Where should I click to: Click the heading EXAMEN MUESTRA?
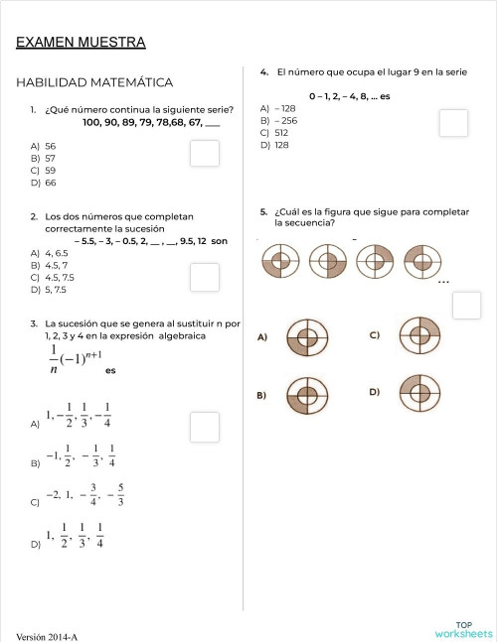81,42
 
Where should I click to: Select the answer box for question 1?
205,154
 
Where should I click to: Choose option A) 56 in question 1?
44,145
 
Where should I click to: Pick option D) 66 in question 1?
44,183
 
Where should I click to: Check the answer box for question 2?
205,278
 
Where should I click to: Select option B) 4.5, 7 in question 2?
50,265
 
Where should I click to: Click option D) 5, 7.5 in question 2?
50,290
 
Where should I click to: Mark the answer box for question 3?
205,427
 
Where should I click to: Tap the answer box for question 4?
454,123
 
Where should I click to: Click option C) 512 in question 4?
275,132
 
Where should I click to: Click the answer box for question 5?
466,306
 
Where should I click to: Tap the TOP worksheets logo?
463,628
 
